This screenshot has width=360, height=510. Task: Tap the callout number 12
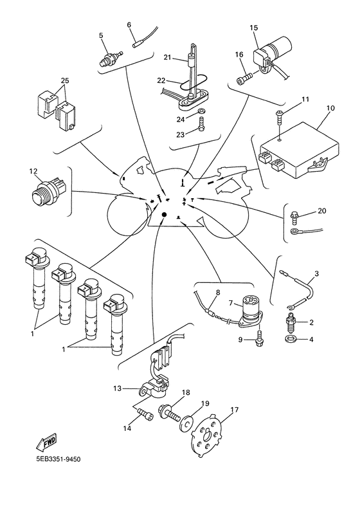[x=33, y=171]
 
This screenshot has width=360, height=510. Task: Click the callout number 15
[x=254, y=28]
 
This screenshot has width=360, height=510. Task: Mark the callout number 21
[x=166, y=58]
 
